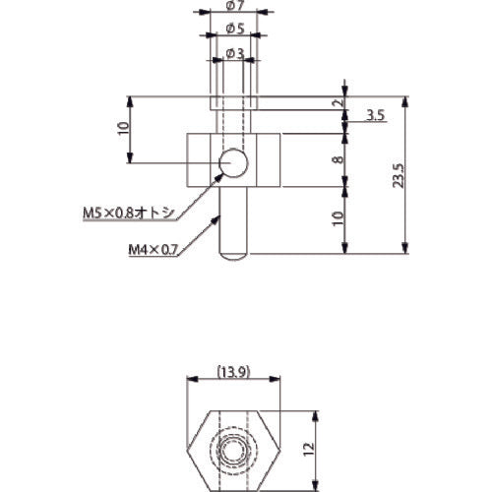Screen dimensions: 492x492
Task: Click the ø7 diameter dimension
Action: pos(233,8)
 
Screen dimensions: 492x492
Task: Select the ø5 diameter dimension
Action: pos(233,29)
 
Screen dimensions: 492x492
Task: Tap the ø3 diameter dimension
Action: pos(233,52)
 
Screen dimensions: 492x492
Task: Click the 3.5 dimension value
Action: pos(374,115)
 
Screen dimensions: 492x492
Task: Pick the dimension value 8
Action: pos(338,159)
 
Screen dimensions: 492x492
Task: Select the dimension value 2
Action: pos(338,104)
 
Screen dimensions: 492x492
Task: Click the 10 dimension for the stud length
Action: pos(338,218)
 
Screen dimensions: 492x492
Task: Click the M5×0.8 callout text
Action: pos(127,212)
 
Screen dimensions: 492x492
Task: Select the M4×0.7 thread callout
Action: pos(153,250)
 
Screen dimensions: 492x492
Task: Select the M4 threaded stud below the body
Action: pos(233,221)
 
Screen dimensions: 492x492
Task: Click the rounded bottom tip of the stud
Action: pos(233,254)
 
